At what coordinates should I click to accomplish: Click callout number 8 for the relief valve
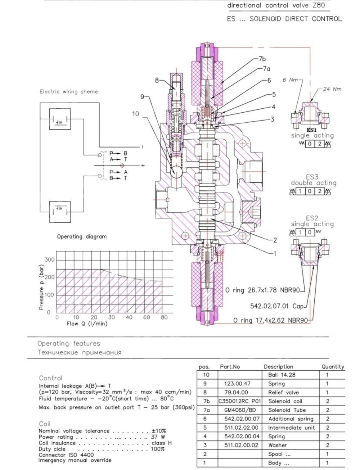tap(157, 80)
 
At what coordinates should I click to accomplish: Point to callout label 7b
tap(262, 59)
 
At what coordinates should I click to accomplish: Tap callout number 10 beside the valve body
tap(135, 114)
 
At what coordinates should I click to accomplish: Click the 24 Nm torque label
tap(332, 89)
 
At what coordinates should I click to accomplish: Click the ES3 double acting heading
tap(313, 180)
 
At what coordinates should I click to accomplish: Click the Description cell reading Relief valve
tap(283, 392)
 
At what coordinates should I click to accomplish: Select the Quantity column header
tap(333, 367)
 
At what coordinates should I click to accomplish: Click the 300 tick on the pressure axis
tap(50, 260)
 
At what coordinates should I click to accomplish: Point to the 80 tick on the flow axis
tap(164, 317)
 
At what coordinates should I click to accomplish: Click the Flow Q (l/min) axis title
tap(87, 324)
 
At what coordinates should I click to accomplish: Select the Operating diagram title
tap(82, 236)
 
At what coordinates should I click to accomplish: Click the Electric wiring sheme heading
tap(69, 91)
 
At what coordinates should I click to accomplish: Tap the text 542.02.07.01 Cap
tap(277, 306)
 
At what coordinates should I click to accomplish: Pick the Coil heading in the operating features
tap(45, 424)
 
